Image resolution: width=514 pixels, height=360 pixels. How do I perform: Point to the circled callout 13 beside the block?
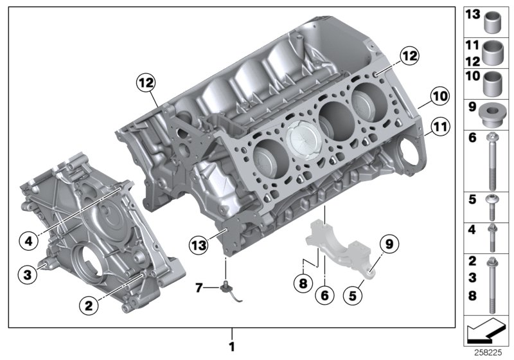click(200, 243)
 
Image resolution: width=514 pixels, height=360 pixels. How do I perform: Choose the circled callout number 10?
click(439, 96)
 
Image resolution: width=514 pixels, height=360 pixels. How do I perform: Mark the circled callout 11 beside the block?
click(439, 126)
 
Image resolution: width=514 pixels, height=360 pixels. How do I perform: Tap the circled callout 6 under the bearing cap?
click(326, 294)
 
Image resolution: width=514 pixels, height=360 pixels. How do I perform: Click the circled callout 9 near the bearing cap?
click(388, 243)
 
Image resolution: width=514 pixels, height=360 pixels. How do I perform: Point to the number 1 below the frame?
click(233, 346)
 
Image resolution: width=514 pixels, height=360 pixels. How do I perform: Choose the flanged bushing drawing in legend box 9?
click(493, 114)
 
